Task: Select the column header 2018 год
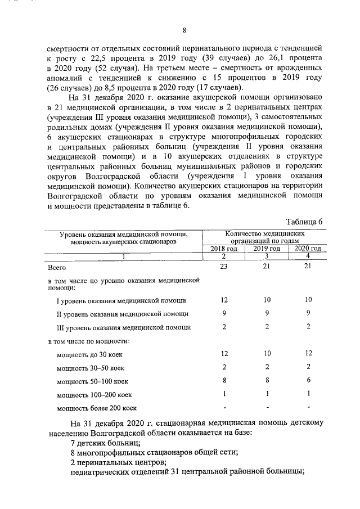click(x=224, y=249)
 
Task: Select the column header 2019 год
click(x=267, y=249)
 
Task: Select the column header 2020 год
click(x=308, y=249)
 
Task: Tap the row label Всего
click(x=57, y=268)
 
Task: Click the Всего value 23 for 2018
click(x=224, y=267)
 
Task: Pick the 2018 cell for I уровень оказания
click(x=224, y=300)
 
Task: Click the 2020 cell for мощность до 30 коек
click(x=308, y=354)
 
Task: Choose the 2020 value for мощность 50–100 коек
click(x=308, y=380)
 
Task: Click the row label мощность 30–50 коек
click(x=90, y=368)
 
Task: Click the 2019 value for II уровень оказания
click(x=267, y=313)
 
